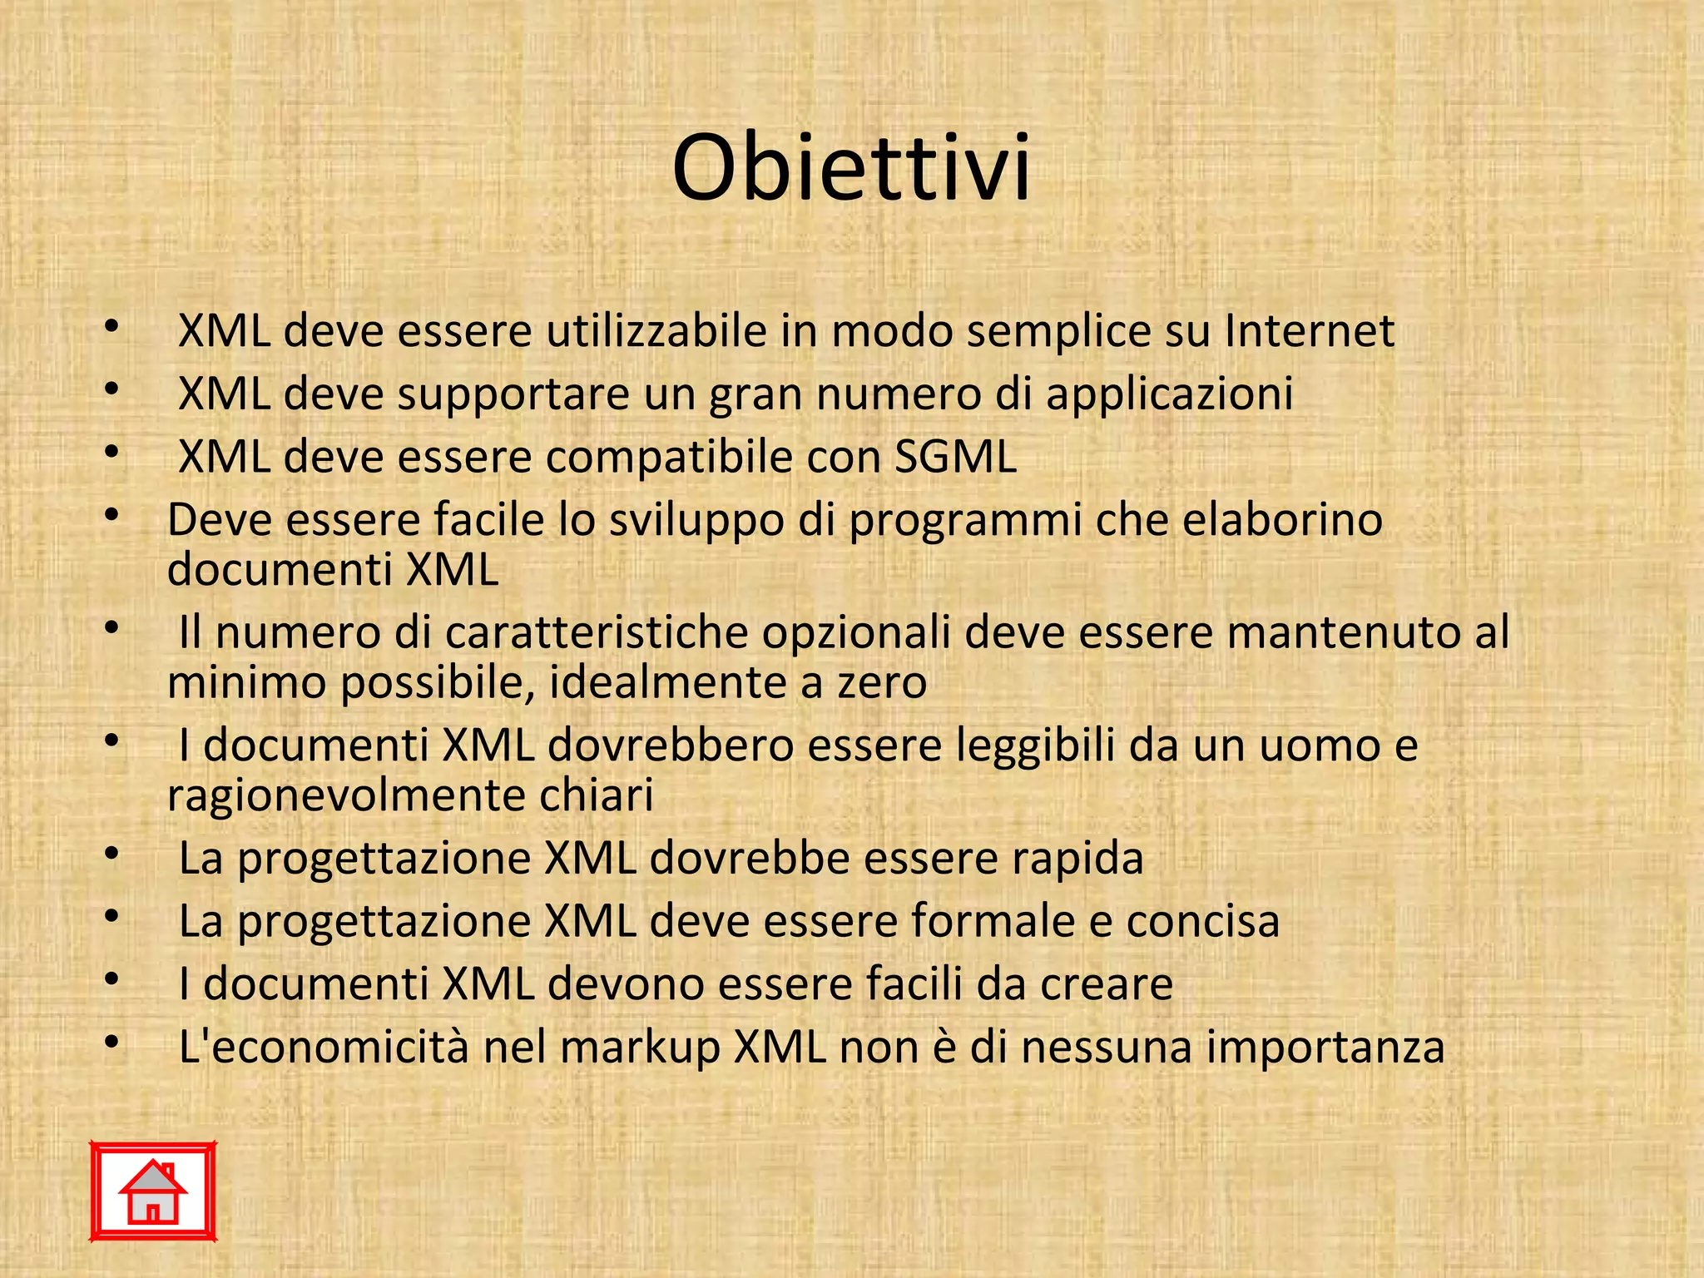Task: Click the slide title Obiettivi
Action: coord(851,168)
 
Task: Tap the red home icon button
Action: coord(153,1191)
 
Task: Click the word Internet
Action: coord(1309,331)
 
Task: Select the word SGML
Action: coord(955,457)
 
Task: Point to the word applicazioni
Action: coord(1169,394)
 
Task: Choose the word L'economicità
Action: coord(324,1048)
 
